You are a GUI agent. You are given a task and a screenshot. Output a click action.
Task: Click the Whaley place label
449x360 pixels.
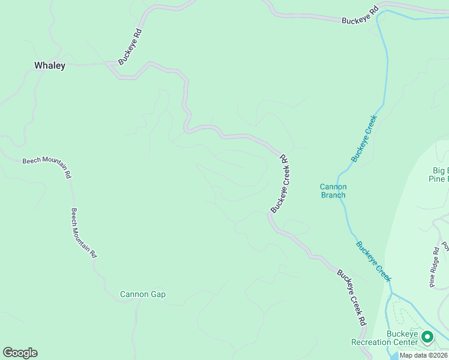click(50, 66)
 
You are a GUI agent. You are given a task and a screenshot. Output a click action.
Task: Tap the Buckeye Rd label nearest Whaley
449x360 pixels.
click(130, 48)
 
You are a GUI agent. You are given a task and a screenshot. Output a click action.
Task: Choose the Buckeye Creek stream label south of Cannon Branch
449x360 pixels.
click(373, 262)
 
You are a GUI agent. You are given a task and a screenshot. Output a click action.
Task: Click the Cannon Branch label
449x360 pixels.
click(333, 191)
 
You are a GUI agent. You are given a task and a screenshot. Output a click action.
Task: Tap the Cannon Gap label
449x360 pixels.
click(143, 295)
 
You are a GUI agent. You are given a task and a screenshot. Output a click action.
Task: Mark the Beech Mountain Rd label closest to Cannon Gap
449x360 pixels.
click(84, 233)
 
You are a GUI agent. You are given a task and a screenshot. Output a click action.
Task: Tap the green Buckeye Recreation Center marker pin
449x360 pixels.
click(427, 337)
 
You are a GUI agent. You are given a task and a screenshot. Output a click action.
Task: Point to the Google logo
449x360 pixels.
click(20, 353)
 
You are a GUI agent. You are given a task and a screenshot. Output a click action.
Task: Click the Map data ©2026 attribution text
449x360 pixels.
click(423, 355)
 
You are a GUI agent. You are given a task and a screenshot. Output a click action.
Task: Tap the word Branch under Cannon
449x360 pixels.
click(333, 195)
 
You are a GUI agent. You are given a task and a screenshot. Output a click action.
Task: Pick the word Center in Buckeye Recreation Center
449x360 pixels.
click(406, 343)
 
